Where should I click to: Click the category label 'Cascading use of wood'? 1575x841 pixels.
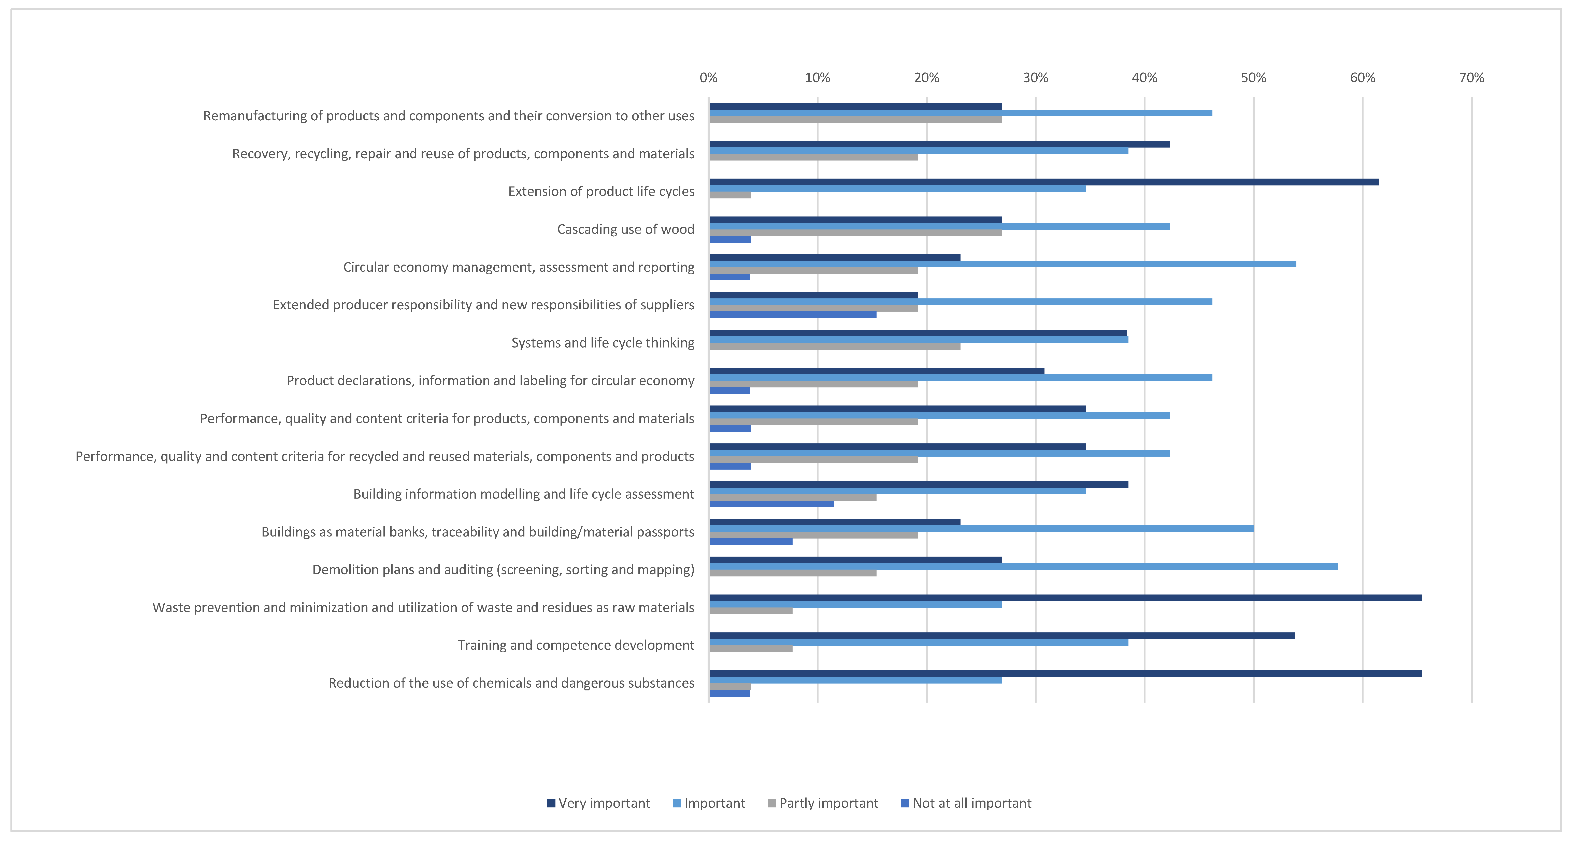click(625, 229)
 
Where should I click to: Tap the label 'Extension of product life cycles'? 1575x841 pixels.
click(601, 191)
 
